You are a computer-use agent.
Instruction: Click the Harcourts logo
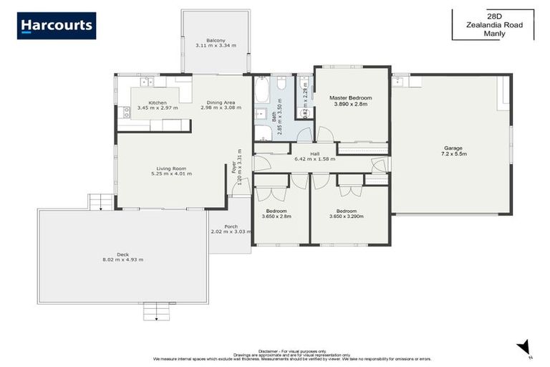57,26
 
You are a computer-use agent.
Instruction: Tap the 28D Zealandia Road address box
493,24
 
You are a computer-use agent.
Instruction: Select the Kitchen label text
158,103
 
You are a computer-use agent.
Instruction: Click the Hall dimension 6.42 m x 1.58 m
315,158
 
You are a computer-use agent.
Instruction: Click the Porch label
231,227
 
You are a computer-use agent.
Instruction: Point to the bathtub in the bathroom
261,92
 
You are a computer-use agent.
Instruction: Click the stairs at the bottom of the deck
158,312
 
